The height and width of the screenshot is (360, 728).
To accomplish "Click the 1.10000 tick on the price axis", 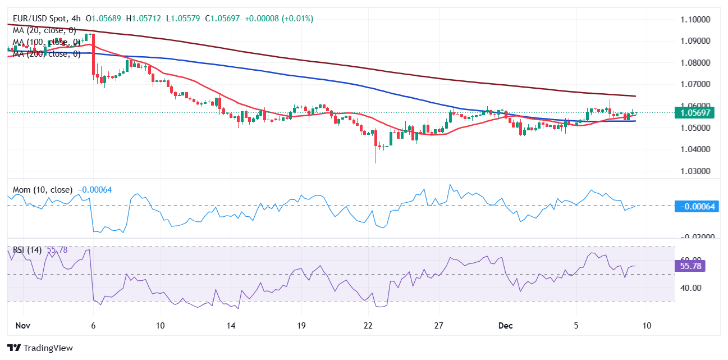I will point(695,19).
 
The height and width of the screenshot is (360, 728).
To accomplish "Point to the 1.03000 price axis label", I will point(695,171).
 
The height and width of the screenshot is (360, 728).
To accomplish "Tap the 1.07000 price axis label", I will point(695,84).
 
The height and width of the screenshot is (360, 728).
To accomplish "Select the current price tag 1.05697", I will point(695,113).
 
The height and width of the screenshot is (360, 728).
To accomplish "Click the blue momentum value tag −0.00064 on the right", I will point(696,206).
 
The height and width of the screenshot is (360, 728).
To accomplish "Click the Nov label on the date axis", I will point(23,326).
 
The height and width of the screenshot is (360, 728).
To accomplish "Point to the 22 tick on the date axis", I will point(368,326).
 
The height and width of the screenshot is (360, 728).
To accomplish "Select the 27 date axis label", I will point(439,326).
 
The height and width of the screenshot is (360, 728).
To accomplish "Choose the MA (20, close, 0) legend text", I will point(44,30).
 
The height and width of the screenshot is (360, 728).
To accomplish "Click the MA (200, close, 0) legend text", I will point(44,54).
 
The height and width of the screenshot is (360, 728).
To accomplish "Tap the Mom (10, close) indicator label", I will point(43,190).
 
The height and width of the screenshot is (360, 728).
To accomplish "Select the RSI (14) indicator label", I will point(28,250).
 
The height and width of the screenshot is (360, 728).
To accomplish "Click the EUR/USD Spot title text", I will point(40,19).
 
